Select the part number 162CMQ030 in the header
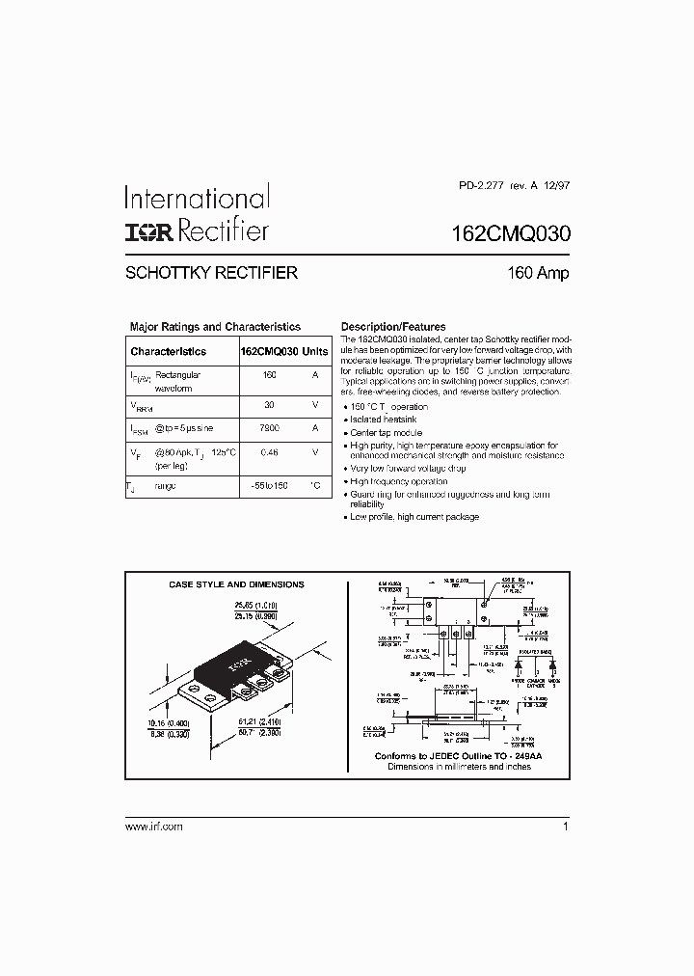(511, 232)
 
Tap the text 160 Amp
(538, 273)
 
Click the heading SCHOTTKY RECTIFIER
(211, 273)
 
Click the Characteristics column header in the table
(169, 352)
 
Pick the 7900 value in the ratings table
(270, 427)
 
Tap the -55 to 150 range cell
(270, 486)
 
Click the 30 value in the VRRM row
(270, 405)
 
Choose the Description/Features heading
(393, 327)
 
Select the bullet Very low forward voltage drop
(408, 468)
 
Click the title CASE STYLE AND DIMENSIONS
(236, 584)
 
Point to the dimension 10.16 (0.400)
(168, 723)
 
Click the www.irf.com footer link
(154, 827)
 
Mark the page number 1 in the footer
(565, 827)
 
